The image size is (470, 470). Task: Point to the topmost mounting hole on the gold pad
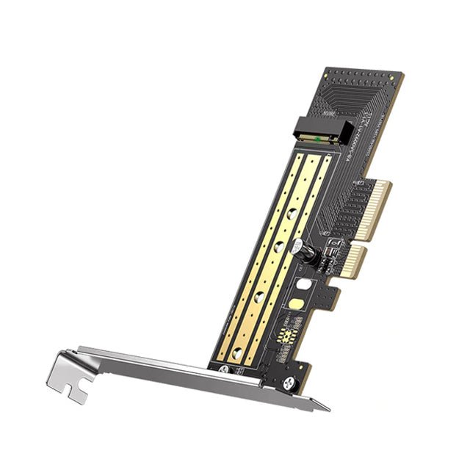(x=292, y=214)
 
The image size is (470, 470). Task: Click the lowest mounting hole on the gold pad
(x=236, y=353)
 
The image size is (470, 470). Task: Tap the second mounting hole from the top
(x=278, y=247)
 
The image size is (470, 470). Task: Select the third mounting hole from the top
(x=258, y=297)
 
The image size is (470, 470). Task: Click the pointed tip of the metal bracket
(x=328, y=408)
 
